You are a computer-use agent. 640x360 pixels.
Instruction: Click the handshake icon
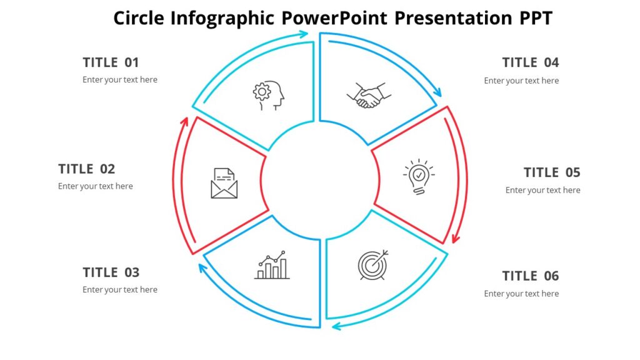pyautogui.click(x=369, y=96)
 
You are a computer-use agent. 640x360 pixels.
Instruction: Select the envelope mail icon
pyautogui.click(x=224, y=184)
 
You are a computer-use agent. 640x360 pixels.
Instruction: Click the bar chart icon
pyautogui.click(x=272, y=266)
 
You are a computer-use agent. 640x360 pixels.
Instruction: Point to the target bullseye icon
pyautogui.click(x=373, y=264)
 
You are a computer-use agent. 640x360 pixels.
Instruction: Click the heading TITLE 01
pyautogui.click(x=111, y=62)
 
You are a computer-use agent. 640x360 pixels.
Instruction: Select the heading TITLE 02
pyautogui.click(x=87, y=169)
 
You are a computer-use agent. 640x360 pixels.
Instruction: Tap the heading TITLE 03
pyautogui.click(x=111, y=272)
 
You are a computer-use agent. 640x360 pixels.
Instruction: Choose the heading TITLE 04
pyautogui.click(x=531, y=62)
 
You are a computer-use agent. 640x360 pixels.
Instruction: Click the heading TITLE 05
pyautogui.click(x=552, y=172)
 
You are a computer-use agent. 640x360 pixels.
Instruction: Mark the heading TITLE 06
pyautogui.click(x=531, y=276)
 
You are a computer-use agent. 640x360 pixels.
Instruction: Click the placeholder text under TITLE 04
pyautogui.click(x=521, y=81)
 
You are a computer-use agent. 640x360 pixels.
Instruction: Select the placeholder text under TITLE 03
pyautogui.click(x=120, y=290)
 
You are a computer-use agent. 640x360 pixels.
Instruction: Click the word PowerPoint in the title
pyautogui.click(x=334, y=18)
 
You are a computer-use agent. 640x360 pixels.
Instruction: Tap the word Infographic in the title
pyautogui.click(x=222, y=18)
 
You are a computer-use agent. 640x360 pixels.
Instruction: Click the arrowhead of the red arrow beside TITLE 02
pyautogui.click(x=184, y=121)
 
